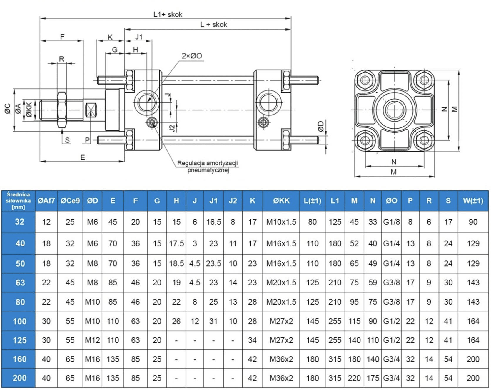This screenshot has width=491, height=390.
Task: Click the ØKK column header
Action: point(281,201)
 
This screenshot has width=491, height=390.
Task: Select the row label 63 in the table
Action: point(20,283)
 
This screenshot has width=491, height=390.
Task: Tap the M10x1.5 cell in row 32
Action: point(281,222)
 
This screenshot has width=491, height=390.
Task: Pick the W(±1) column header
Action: point(473,201)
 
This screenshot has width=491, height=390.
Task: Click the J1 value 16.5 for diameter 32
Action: point(213,222)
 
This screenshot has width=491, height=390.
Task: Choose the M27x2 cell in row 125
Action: point(281,340)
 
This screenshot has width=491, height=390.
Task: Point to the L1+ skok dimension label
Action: point(168,14)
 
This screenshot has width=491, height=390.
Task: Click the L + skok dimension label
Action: point(213,25)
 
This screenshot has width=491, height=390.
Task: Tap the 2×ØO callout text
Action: point(192,56)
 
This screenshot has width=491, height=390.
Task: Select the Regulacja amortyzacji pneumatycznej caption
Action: point(208,167)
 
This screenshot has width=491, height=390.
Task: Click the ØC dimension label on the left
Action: point(8,109)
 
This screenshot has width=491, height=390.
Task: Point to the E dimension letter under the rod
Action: point(83,158)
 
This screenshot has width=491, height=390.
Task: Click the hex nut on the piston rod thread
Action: point(62,110)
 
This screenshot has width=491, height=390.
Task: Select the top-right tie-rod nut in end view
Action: point(424,80)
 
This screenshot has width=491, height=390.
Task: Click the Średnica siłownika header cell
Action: point(18,201)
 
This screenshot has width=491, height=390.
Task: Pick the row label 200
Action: point(19,378)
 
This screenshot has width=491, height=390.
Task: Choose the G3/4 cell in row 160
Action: point(391,359)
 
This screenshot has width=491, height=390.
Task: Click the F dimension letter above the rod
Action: point(62,37)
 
